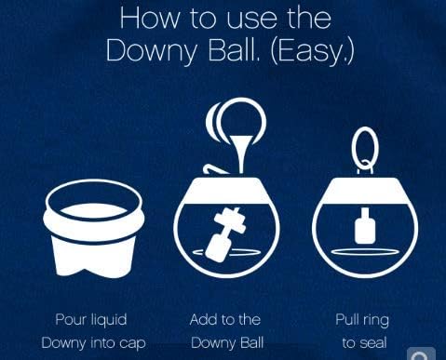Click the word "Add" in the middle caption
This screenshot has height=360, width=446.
(204, 320)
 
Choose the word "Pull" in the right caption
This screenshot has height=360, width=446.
(349, 320)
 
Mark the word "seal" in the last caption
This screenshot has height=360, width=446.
(372, 343)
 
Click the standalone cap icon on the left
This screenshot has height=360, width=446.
(94, 227)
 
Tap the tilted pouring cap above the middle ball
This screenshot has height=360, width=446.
(237, 120)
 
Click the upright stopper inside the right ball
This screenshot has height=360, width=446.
(364, 229)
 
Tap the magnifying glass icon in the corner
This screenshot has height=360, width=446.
(421, 353)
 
